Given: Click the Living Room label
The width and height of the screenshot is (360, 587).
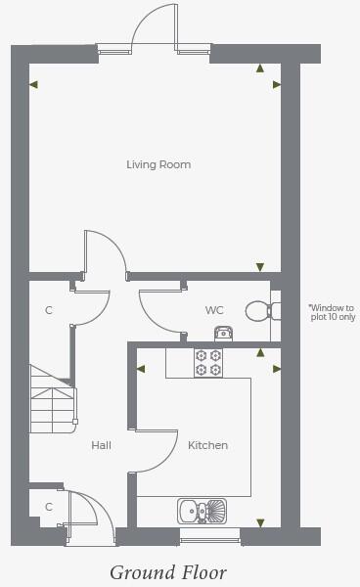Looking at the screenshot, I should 158,164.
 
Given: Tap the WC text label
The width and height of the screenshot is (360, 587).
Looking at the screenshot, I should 214,310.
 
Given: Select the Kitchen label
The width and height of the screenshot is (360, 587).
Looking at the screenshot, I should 207,445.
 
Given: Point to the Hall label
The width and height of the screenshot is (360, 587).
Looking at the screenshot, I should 101,445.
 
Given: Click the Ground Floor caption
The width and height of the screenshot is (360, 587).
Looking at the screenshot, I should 167,571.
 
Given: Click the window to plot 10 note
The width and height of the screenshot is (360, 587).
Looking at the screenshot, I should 332,312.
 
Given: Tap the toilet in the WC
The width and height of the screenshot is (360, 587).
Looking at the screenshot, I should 259,310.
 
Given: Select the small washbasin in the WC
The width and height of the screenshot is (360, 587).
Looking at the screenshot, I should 223,334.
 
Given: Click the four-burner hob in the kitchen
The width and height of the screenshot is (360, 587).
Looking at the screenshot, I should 208,363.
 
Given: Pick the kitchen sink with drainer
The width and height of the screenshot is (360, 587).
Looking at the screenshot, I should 202,510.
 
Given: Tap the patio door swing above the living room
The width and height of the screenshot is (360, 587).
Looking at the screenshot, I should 155,24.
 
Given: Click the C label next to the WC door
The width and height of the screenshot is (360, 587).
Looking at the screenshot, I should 49,310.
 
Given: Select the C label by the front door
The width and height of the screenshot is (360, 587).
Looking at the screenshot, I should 49,507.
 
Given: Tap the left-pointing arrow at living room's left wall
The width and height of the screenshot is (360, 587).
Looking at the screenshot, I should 34,85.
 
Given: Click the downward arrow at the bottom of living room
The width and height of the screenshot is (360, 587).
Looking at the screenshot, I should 259,266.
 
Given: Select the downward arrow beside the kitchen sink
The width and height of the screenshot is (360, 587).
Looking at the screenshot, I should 259,522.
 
